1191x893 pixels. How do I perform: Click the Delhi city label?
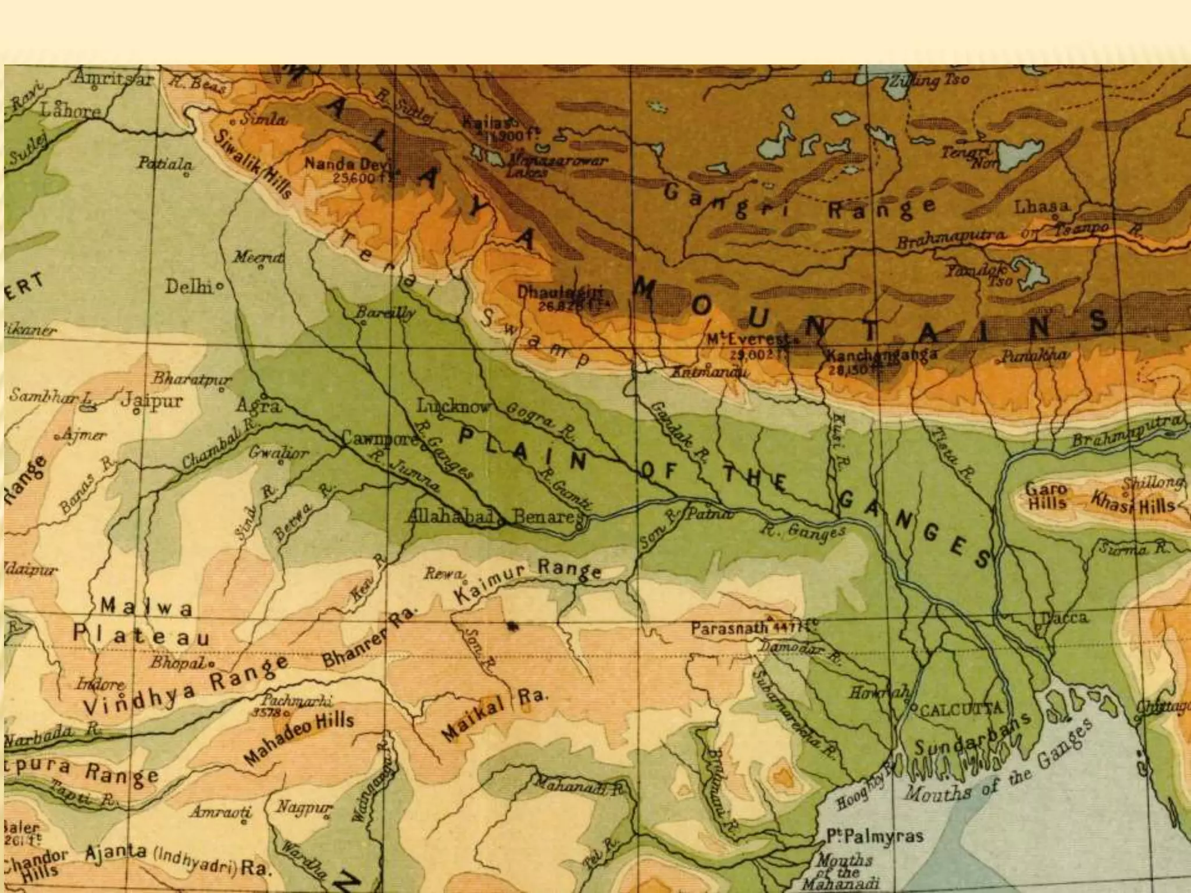pyautogui.click(x=188, y=287)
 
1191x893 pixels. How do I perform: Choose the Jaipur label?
pyautogui.click(x=152, y=401)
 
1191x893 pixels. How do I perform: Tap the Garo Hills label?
pyautogui.click(x=1046, y=497)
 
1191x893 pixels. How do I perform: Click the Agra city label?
pyautogui.click(x=258, y=405)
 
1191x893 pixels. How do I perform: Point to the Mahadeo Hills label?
pyautogui.click(x=299, y=738)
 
